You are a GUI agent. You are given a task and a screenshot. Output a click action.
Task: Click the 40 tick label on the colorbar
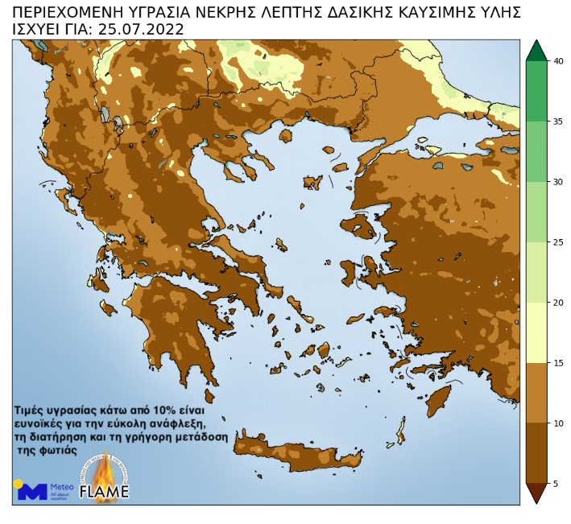[x=558, y=61]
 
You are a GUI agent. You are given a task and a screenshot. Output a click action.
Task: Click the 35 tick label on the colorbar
[x=558, y=122]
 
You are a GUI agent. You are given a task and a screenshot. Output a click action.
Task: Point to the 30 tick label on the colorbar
[x=558, y=182]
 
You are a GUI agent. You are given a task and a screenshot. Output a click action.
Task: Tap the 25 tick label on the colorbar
[x=558, y=242]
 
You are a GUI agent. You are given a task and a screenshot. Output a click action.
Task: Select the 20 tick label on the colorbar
[x=558, y=303]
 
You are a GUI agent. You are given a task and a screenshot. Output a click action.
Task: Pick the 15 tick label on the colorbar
[x=558, y=363]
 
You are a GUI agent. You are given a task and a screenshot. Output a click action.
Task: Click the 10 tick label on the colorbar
[x=558, y=423]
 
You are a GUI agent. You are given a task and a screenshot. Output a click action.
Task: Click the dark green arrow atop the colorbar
[x=536, y=51]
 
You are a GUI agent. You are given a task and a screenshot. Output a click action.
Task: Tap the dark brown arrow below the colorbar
[x=536, y=493]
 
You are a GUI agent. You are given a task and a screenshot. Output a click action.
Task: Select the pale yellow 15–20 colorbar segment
[x=536, y=332]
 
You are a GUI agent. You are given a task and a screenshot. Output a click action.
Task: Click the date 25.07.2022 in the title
[x=141, y=30]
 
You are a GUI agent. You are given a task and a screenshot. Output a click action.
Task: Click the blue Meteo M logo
[x=32, y=491]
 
